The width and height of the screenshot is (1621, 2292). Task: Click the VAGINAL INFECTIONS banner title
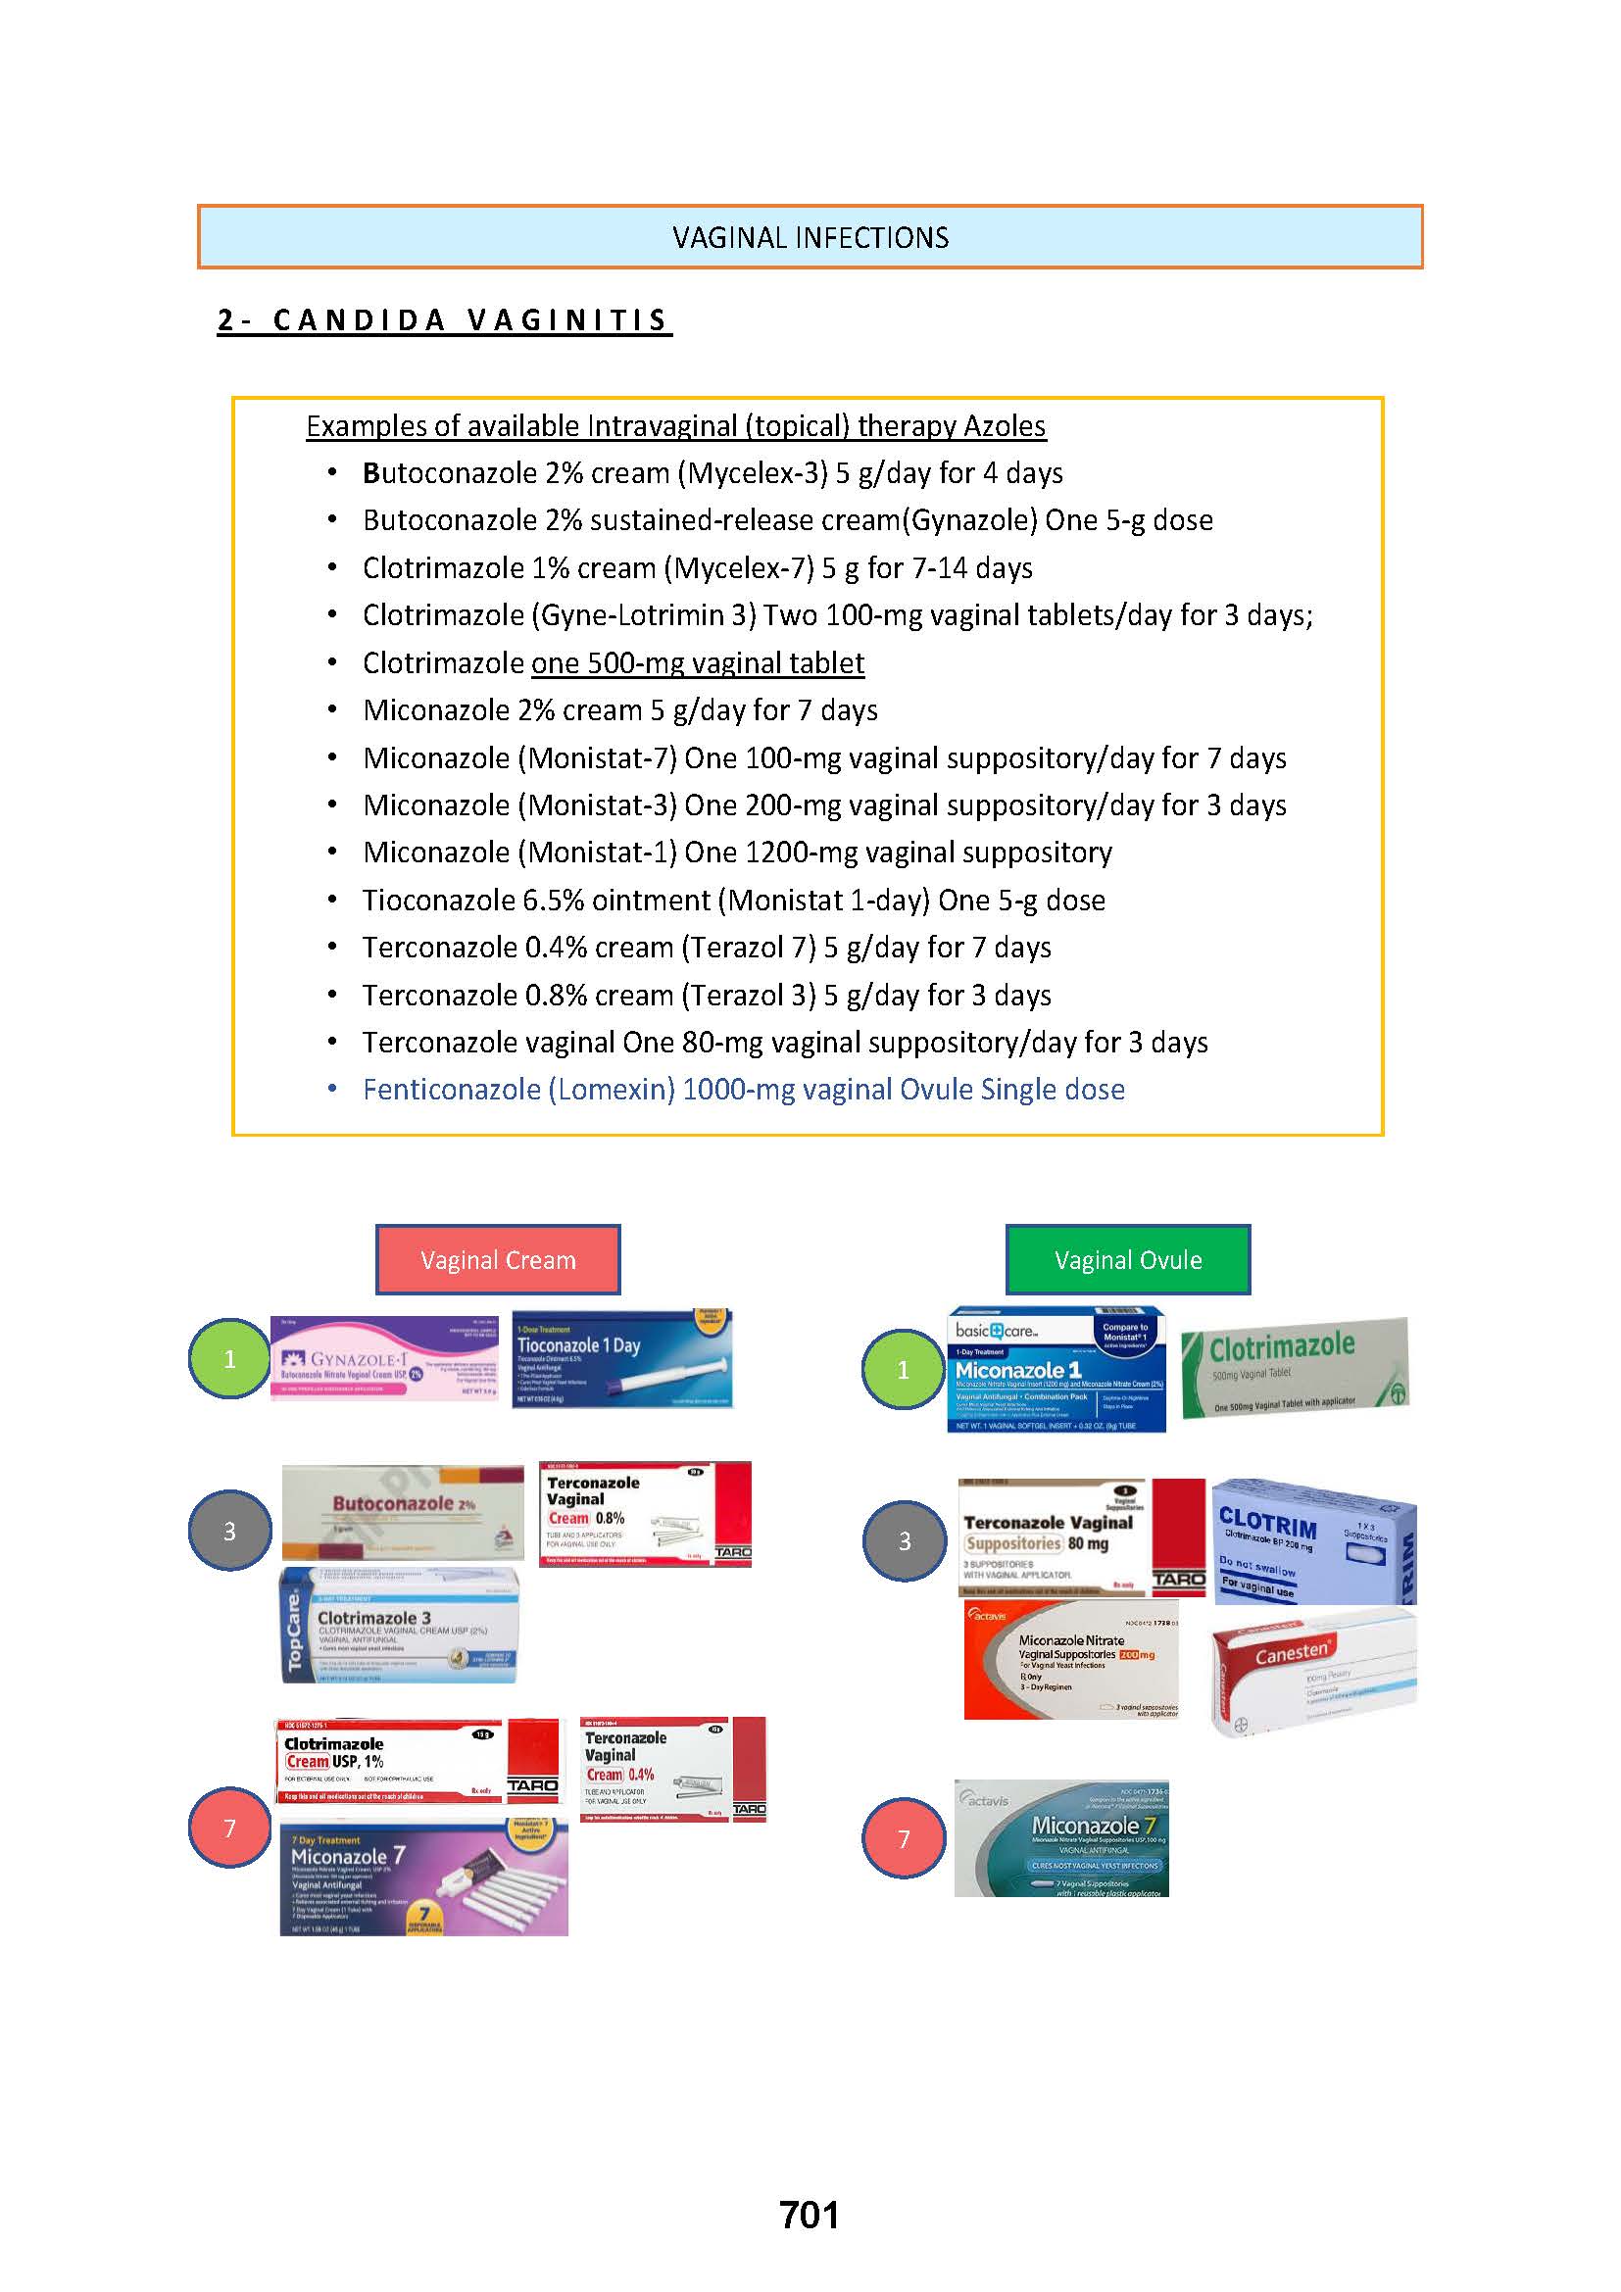tap(810, 237)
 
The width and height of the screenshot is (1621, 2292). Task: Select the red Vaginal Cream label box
tap(497, 1260)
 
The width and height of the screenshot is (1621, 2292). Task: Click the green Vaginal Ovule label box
tap(1127, 1260)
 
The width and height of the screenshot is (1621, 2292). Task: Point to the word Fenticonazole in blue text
tap(451, 1089)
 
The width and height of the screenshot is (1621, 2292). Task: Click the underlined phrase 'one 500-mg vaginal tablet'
tap(698, 662)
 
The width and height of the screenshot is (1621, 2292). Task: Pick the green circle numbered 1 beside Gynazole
tap(229, 1358)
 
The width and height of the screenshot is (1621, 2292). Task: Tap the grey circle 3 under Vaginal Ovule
tap(904, 1540)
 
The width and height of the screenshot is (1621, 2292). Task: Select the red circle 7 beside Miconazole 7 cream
tap(229, 1828)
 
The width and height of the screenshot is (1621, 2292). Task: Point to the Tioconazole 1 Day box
tap(622, 1358)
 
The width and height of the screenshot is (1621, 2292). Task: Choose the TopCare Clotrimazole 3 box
tap(399, 1625)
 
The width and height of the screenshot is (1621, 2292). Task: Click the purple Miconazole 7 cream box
tap(423, 1878)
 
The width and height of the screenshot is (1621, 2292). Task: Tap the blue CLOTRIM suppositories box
tap(1312, 1541)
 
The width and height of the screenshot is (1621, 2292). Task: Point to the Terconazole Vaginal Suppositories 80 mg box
tap(1080, 1537)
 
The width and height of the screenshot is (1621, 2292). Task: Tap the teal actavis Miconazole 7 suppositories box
tap(1060, 1837)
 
